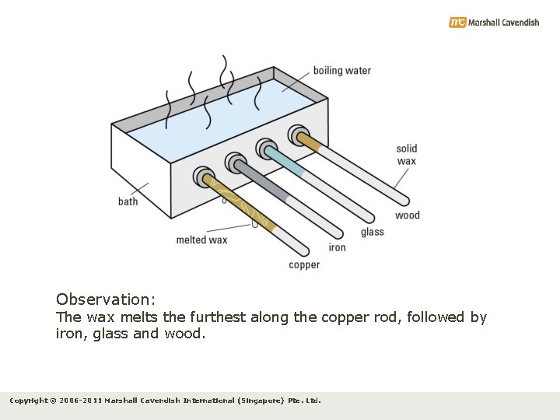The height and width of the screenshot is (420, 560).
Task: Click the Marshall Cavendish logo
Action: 493,23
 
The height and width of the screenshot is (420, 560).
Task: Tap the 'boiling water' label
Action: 341,71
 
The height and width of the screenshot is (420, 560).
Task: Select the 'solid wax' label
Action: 407,155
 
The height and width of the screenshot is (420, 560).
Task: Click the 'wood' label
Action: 407,215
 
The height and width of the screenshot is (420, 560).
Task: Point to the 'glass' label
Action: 372,232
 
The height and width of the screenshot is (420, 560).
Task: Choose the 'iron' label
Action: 337,247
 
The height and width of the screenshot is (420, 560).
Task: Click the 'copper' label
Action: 304,265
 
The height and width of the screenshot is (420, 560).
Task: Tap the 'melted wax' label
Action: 201,240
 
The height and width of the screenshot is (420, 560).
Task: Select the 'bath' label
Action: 128,201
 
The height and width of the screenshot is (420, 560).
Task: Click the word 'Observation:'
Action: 106,299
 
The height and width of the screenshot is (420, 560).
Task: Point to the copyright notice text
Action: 165,401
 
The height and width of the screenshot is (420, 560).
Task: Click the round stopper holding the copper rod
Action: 204,177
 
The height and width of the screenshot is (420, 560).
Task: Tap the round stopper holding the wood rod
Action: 298,135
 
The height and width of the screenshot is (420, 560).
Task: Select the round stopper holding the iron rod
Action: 236,163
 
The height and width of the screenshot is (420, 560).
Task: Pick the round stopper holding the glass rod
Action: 267,149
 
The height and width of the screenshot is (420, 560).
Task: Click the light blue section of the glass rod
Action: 286,162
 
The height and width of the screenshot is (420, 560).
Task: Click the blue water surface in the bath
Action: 226,117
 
